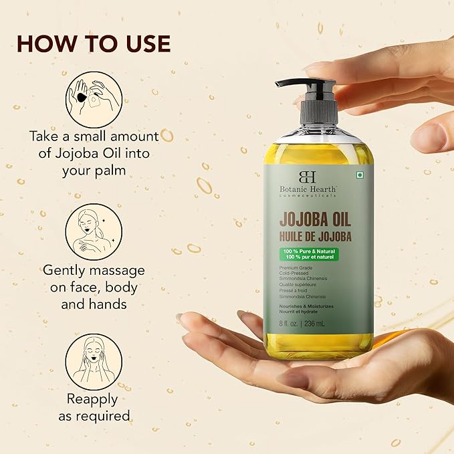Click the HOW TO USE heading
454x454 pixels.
click(94, 43)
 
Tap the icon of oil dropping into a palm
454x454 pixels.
click(94, 100)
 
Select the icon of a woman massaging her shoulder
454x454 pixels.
click(94, 232)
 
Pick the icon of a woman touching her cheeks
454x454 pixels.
click(94, 362)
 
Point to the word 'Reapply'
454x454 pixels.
click(92, 400)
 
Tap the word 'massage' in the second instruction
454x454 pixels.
click(117, 271)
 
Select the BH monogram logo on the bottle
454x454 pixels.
click(307, 177)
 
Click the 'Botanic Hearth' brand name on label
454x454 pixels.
click(308, 189)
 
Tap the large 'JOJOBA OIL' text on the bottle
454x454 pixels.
click(315, 220)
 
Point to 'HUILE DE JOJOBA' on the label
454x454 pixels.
click(316, 237)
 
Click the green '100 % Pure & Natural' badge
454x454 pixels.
click(309, 254)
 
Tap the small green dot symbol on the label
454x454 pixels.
click(360, 175)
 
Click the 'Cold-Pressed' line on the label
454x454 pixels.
click(294, 273)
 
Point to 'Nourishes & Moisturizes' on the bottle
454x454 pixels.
click(306, 306)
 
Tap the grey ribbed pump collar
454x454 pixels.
click(320, 112)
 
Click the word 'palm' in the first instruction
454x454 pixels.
click(111, 171)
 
